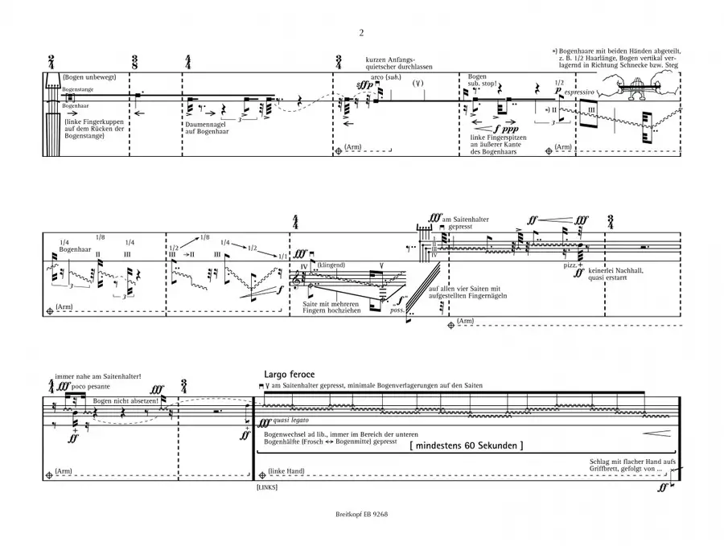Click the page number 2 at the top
362,33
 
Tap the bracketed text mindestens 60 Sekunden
467,444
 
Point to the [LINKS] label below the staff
267,487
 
